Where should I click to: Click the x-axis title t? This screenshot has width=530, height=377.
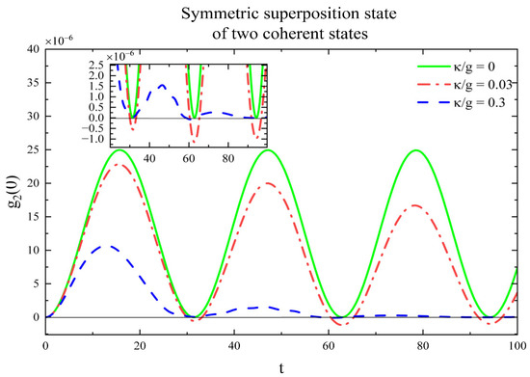coord(280,366)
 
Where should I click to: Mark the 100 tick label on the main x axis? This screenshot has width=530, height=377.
coord(517,344)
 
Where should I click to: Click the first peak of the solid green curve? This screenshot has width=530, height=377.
coord(119,150)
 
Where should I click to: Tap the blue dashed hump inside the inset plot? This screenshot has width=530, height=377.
coord(161,85)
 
